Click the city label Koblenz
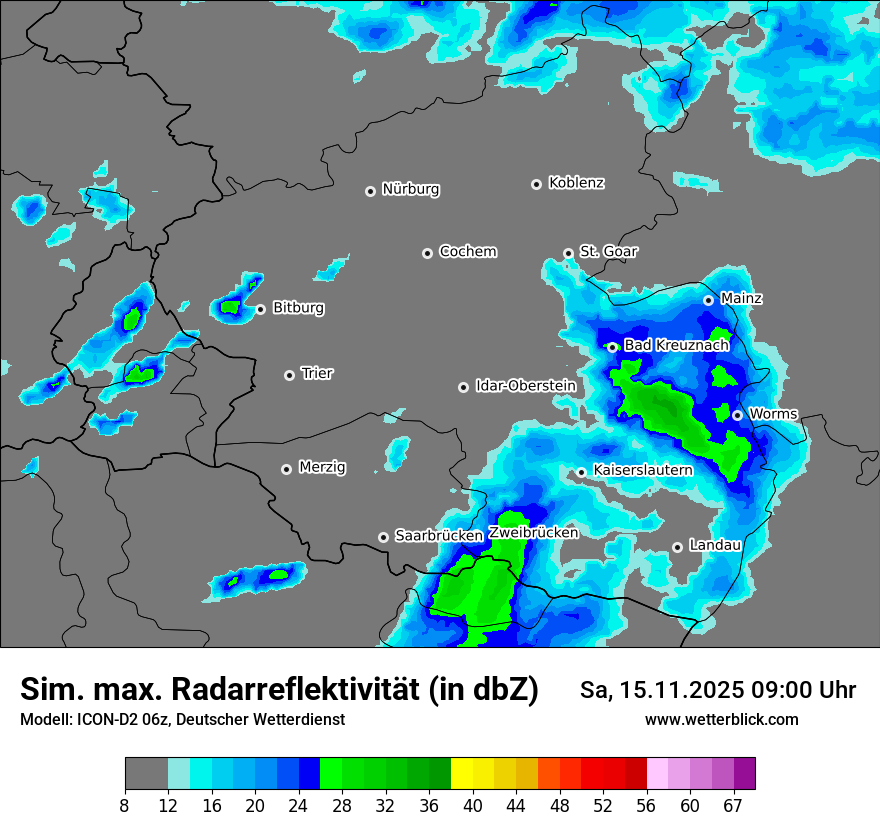coord(576,183)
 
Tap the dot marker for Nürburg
coord(370,190)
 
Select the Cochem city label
coord(468,252)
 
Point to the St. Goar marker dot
coord(568,253)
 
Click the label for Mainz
coord(742,298)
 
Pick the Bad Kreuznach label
coord(676,345)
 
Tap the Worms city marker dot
coord(737,415)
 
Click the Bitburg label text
coord(298,308)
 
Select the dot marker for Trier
coord(289,375)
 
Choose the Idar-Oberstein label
coord(526,385)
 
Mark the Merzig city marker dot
coord(286,468)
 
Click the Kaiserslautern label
coord(643,470)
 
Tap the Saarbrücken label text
coord(439,536)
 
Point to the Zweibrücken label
coord(533,533)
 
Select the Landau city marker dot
coord(677,546)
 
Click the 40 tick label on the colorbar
coord(473,805)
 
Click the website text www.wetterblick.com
coord(722,720)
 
